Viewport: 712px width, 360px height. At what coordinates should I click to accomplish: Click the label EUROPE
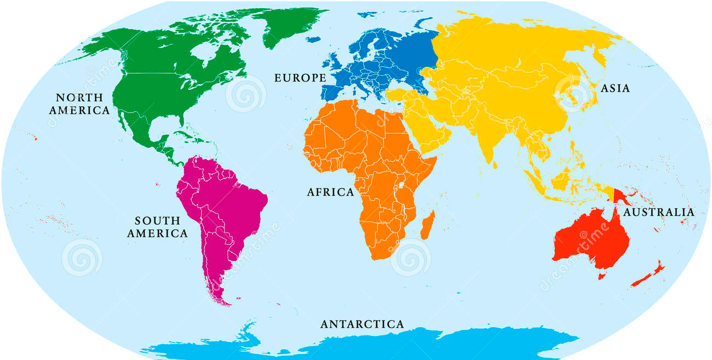pyautogui.click(x=300, y=78)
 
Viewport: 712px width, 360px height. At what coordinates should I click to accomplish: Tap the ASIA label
pyautogui.click(x=615, y=88)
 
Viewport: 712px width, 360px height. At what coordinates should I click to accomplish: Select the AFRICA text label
pyautogui.click(x=330, y=192)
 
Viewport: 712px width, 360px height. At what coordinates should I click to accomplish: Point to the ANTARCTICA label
pyautogui.click(x=362, y=324)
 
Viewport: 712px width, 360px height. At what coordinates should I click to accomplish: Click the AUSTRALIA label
pyautogui.click(x=659, y=212)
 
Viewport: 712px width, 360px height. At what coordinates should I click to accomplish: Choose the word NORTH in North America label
pyautogui.click(x=79, y=98)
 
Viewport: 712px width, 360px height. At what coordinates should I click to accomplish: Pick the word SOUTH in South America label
pyautogui.click(x=158, y=221)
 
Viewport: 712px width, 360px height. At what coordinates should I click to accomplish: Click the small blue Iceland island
pyautogui.click(x=313, y=39)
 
